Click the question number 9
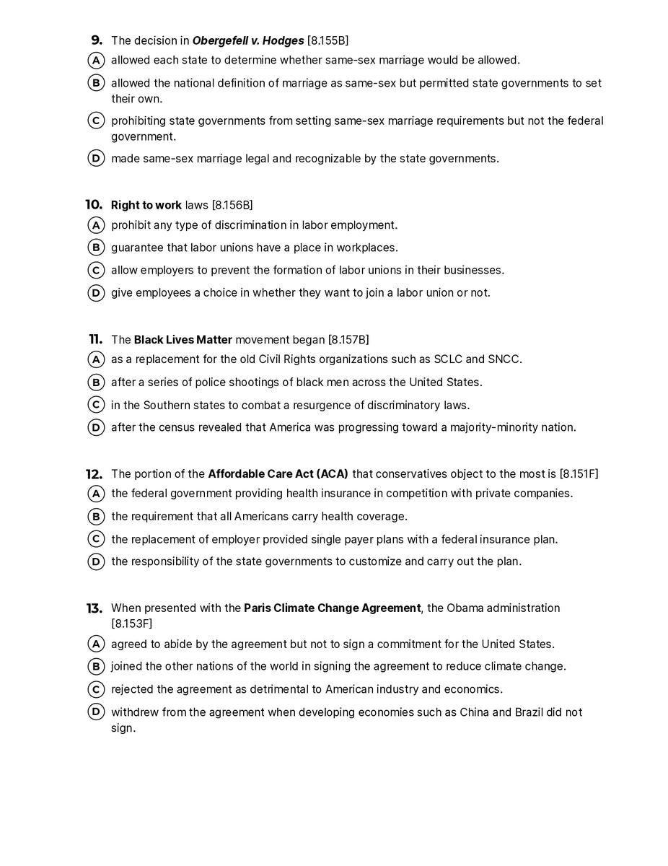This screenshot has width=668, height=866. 97,40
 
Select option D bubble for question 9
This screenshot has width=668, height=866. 96,158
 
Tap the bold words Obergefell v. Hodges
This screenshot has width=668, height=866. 247,40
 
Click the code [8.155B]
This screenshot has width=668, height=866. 328,40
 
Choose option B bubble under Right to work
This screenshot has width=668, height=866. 96,248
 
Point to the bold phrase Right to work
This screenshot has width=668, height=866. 146,205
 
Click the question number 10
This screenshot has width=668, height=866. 95,205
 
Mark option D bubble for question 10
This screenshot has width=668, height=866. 96,293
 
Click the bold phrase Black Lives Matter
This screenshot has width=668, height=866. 183,339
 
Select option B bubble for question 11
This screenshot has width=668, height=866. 96,382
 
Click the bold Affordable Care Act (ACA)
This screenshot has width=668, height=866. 278,474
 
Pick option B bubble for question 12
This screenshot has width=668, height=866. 96,517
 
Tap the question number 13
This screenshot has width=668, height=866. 95,608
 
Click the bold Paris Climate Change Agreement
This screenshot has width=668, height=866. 332,608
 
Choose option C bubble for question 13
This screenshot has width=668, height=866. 96,689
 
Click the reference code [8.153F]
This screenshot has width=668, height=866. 132,624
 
